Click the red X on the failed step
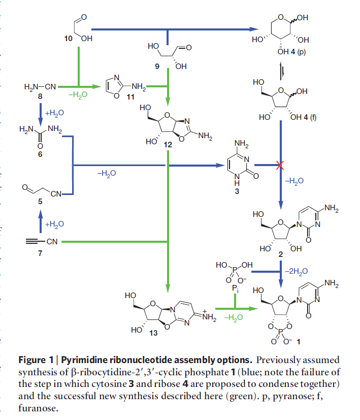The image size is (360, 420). click(x=279, y=165)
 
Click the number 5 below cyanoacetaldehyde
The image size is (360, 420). click(x=41, y=202)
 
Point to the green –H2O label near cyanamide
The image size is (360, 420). click(x=75, y=94)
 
